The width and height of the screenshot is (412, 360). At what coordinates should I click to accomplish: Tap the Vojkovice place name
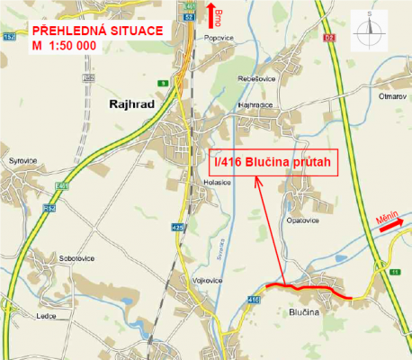[x=207, y=280]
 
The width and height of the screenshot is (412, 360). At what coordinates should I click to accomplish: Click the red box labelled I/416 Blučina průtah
[x=272, y=162]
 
